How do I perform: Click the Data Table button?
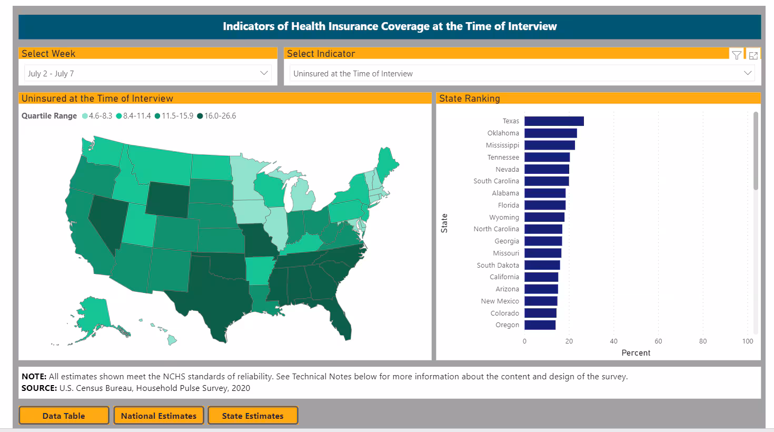point(64,416)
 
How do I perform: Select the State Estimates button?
point(253,416)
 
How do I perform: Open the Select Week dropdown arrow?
point(264,73)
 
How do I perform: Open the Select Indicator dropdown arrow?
point(748,73)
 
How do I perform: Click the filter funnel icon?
point(737,55)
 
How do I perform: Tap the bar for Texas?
point(554,121)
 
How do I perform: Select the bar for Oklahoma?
point(551,133)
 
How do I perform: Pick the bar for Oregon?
point(540,325)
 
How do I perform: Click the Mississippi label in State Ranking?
point(502,145)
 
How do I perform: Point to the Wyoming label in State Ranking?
point(504,217)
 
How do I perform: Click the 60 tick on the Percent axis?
point(658,341)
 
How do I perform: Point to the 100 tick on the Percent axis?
point(748,341)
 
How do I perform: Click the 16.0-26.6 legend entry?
point(220,116)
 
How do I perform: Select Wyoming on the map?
point(167,200)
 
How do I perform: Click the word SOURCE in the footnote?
point(39,388)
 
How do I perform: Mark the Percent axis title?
point(636,353)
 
